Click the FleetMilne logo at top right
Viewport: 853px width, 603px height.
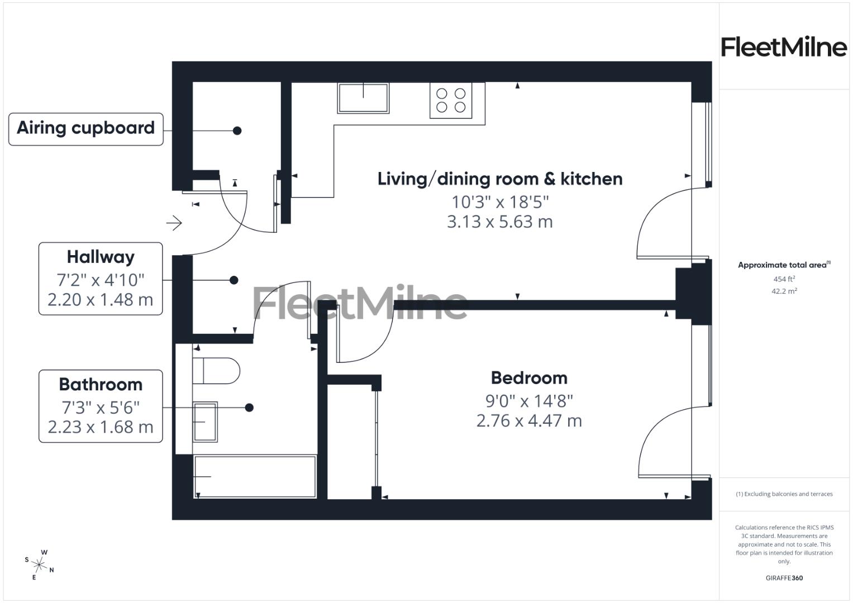point(784,47)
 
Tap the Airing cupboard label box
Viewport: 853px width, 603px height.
point(86,129)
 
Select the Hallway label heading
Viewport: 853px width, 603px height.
point(101,257)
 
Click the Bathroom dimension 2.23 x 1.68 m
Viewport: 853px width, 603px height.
point(101,427)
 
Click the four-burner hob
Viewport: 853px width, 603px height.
point(451,100)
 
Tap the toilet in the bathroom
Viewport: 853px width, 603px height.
point(216,371)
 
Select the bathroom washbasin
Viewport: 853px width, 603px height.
point(204,422)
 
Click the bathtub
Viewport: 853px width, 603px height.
point(255,476)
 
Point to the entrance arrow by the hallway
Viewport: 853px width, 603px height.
point(174,223)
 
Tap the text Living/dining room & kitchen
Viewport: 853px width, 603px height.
point(500,179)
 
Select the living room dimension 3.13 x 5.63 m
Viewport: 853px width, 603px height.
point(500,222)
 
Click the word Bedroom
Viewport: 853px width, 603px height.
point(529,378)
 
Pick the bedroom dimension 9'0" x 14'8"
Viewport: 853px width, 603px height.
point(529,401)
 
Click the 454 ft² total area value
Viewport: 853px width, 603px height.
point(784,279)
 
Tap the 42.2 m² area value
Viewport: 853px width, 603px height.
point(784,291)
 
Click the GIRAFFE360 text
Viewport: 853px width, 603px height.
point(784,578)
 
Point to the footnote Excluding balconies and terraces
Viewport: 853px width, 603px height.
point(784,494)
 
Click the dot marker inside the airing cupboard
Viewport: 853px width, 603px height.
point(237,131)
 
